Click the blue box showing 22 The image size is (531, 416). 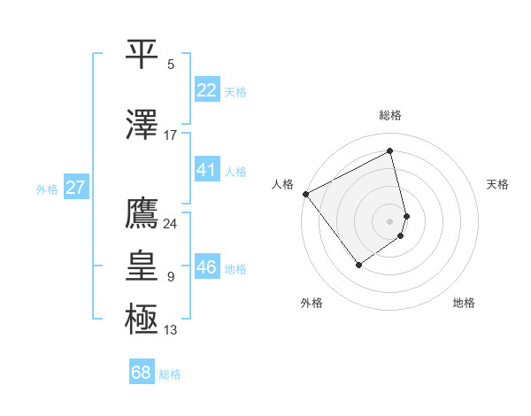click(x=206, y=89)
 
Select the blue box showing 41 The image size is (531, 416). click(x=206, y=170)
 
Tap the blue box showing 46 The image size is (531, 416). click(x=206, y=267)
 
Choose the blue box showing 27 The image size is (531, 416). click(x=75, y=188)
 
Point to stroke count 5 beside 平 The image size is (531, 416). click(x=171, y=65)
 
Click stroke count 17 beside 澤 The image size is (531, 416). click(x=171, y=135)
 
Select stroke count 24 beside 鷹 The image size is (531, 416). click(x=170, y=223)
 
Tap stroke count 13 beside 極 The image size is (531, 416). click(x=171, y=330)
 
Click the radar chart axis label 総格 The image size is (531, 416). click(x=390, y=115)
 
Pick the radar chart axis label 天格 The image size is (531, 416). click(x=497, y=184)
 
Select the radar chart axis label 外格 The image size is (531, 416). click(x=312, y=304)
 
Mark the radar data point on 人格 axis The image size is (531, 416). click(x=305, y=193)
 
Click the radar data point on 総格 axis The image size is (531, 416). click(x=390, y=151)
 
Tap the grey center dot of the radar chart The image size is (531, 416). click(x=390, y=220)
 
